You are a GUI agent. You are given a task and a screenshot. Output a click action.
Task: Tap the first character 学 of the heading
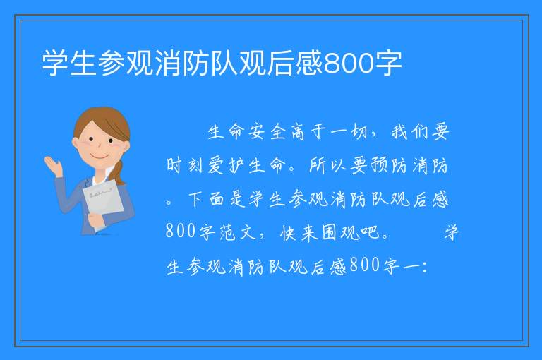(x=55, y=64)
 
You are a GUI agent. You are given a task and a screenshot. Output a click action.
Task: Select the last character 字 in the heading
(x=389, y=64)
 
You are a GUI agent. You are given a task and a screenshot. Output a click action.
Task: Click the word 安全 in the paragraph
(x=267, y=132)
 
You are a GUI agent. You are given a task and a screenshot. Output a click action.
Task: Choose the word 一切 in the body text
(x=349, y=132)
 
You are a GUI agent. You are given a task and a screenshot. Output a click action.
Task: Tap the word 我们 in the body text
(x=410, y=132)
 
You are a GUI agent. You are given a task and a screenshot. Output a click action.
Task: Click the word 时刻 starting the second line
(x=185, y=165)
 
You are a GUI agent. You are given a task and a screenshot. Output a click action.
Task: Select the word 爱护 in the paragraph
(x=226, y=165)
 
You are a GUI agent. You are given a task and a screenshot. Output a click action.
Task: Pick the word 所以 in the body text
(x=327, y=165)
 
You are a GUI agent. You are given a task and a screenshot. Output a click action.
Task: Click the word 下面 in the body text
(x=205, y=199)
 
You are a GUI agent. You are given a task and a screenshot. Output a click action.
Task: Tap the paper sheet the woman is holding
(x=103, y=202)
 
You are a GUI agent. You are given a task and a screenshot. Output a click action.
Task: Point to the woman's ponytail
(x=119, y=172)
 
